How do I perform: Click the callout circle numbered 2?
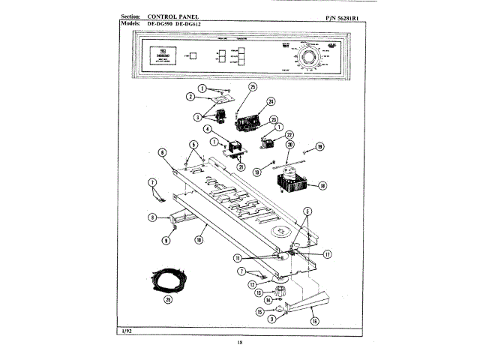coord(191,97)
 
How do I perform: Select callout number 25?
coord(252,87)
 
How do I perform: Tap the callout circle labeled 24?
coord(271,101)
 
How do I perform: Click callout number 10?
coord(199,240)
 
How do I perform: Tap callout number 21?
coord(241,166)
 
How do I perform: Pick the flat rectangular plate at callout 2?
coord(219,98)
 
